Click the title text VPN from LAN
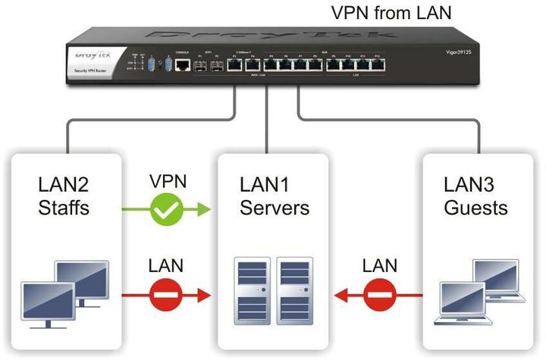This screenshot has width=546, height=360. pyautogui.click(x=392, y=13)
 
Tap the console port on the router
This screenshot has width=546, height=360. pyautogui.click(x=182, y=66)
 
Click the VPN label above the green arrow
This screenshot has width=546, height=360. pyautogui.click(x=168, y=183)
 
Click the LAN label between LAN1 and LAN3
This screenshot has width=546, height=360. pyautogui.click(x=379, y=265)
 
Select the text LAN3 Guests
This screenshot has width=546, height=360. pyautogui.click(x=475, y=196)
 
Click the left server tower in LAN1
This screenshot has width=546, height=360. pyautogui.click(x=253, y=293)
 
